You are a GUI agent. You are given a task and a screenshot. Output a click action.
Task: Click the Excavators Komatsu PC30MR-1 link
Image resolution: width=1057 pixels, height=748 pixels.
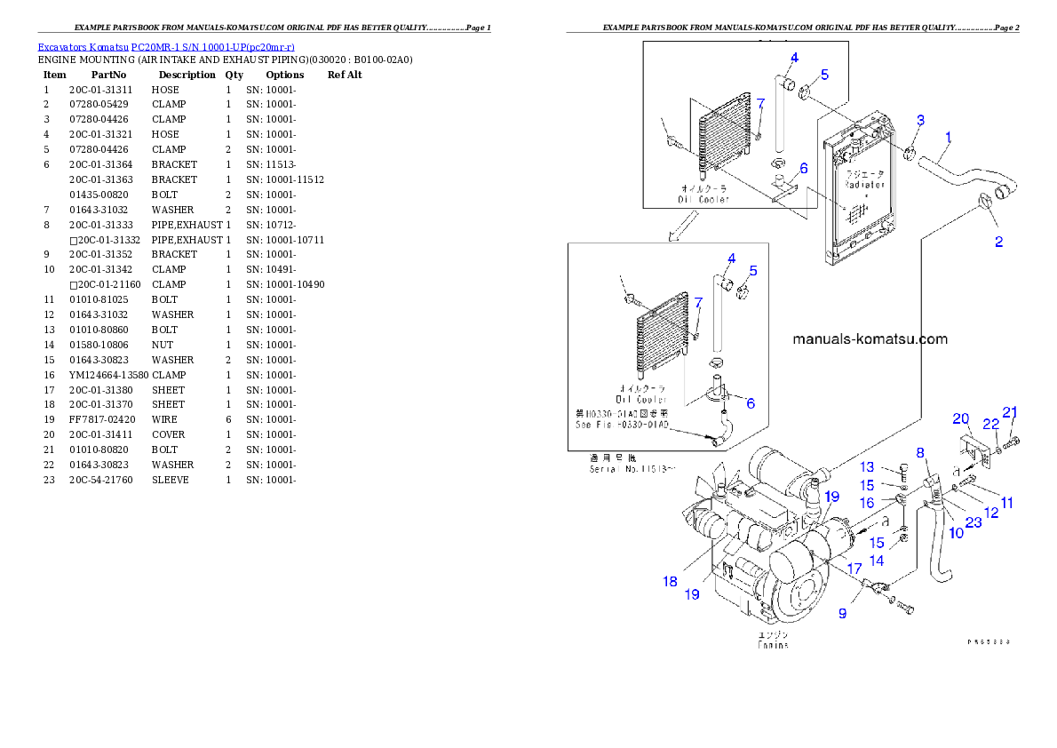166,46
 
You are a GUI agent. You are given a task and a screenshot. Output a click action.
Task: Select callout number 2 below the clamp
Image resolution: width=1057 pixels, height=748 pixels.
998,243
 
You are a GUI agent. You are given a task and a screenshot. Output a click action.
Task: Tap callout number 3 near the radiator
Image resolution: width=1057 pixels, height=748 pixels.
920,120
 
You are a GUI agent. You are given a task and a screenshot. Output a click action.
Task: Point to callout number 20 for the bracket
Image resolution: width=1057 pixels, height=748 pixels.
960,418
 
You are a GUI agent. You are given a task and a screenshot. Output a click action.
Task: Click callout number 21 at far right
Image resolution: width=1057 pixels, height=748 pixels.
1010,411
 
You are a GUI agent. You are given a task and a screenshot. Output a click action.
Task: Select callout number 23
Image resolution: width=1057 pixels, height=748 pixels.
974,523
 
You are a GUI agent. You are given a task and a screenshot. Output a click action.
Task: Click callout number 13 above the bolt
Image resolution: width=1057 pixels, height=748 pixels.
867,467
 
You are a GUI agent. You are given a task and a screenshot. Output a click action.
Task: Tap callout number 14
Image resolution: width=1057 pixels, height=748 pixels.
877,561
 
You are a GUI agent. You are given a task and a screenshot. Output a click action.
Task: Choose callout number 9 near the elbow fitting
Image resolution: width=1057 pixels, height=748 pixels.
843,612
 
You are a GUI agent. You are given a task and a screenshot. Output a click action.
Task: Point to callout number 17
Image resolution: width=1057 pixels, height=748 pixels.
854,568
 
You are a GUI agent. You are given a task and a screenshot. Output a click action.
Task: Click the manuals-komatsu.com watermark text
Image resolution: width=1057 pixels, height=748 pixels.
870,338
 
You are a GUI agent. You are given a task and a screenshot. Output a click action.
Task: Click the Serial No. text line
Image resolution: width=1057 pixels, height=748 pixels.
632,467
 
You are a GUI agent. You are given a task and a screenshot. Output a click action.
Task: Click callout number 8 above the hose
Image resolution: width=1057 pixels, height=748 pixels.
920,452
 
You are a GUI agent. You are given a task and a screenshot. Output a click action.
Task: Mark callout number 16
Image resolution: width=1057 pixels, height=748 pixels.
866,503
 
